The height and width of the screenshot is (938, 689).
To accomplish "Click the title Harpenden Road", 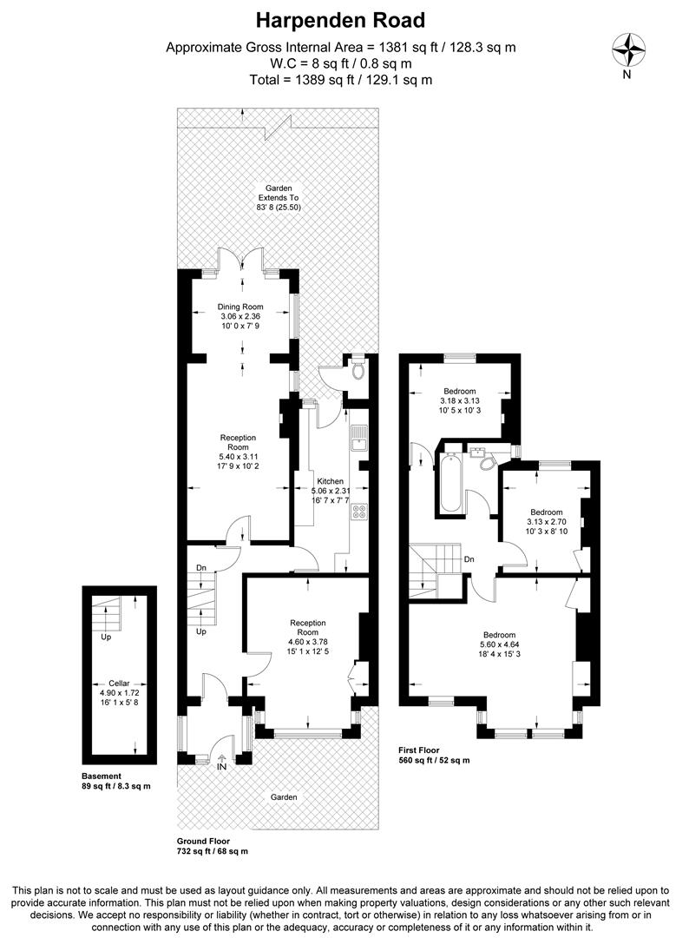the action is pos(340,20).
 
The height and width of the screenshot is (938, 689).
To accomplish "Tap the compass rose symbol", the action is pos(628,50).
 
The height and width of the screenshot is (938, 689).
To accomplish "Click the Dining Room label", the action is pos(240,307).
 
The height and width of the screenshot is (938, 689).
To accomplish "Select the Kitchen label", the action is pos(330,481).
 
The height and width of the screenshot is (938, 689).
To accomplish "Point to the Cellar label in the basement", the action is pos(119,684).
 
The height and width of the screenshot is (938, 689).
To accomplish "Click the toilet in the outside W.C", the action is pos(358,369).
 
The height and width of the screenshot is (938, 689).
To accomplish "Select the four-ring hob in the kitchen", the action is pos(360,512).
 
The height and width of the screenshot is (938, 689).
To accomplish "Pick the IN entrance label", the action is pos(221,766).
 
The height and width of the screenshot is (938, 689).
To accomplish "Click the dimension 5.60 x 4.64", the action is pos(500,644).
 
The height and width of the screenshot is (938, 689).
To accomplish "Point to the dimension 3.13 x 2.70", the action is pos(546,522).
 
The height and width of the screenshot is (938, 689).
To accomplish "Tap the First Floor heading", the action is pos(419,750).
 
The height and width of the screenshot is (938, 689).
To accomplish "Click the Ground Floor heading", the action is pos(203,841).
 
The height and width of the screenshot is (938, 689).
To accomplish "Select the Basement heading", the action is pos(102,776).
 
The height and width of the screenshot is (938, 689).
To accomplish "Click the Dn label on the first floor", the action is pos(469,559).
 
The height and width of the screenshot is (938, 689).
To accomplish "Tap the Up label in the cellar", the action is pos(106,637).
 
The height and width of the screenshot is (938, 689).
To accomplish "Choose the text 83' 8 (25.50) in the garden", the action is pos(279,207).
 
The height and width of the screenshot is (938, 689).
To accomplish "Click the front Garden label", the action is pos(283,796).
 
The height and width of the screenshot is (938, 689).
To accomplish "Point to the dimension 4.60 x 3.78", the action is pos(308,642).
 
